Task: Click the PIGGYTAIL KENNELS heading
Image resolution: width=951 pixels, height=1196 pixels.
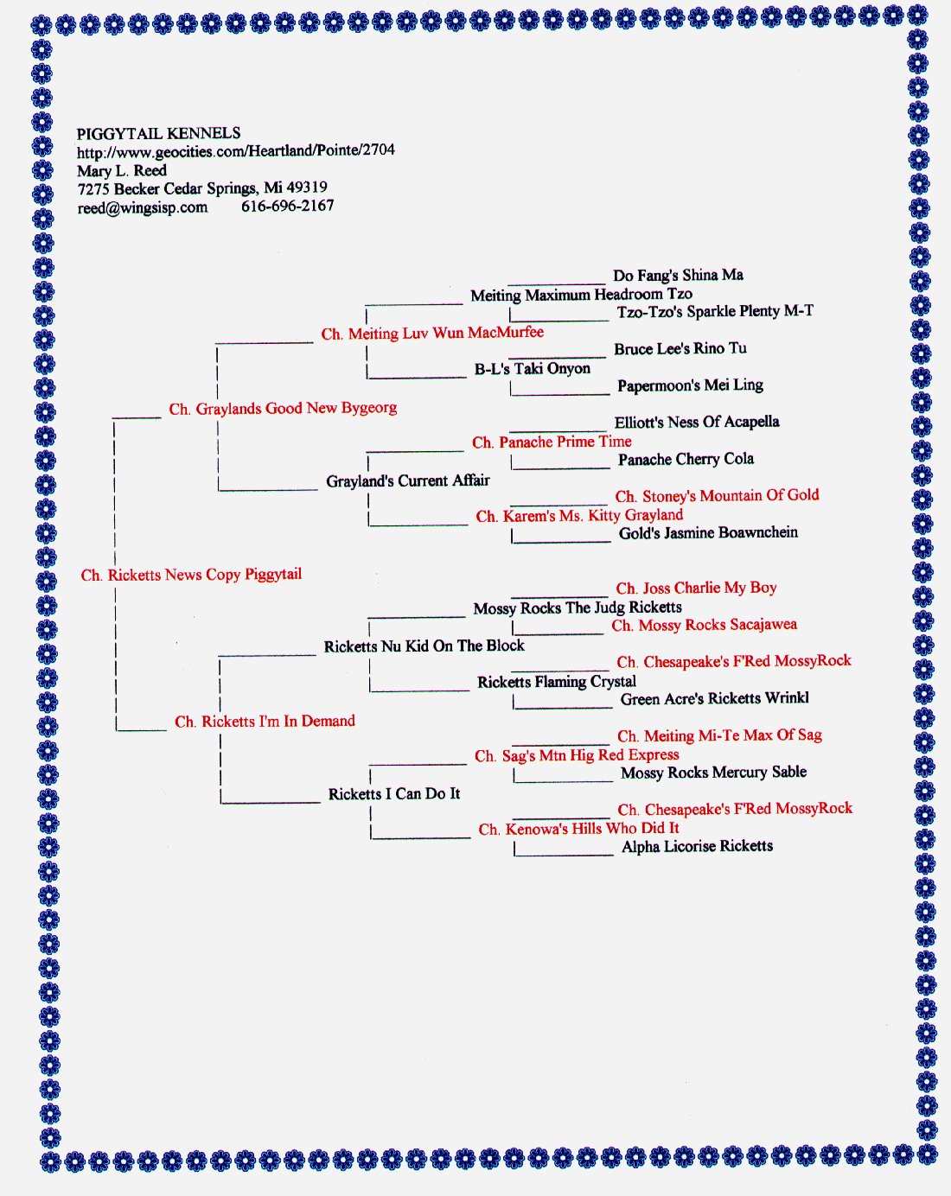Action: (158, 133)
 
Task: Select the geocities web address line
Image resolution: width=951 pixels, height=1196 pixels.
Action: (236, 151)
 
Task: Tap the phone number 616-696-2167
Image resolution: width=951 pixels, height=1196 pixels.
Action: (288, 207)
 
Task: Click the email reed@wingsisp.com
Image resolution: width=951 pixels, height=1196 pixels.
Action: (143, 208)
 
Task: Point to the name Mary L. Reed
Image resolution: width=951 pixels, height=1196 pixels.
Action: (122, 170)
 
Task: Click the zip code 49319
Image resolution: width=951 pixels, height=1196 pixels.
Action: (307, 188)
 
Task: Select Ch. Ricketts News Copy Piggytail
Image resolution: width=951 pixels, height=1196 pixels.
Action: (191, 575)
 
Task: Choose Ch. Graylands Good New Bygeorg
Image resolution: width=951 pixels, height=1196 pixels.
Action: (283, 409)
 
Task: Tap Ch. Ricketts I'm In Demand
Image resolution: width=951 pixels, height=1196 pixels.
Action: (265, 722)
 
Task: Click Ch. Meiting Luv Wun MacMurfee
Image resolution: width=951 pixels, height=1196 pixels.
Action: (432, 334)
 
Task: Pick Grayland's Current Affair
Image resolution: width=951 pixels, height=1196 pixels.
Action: (408, 480)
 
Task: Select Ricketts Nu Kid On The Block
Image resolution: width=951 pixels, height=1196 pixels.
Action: (424, 646)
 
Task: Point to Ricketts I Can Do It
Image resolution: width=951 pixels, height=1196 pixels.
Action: (394, 793)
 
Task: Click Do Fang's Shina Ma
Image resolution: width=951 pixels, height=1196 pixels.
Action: (678, 276)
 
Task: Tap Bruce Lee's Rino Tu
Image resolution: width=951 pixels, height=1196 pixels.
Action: (680, 349)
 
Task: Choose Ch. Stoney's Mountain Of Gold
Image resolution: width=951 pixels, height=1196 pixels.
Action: (717, 496)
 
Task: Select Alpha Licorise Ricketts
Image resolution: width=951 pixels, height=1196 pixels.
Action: (698, 846)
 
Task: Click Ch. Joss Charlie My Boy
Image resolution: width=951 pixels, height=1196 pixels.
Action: (696, 588)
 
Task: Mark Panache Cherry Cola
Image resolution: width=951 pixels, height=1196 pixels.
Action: (686, 460)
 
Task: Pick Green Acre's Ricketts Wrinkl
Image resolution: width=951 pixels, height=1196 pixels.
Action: (715, 699)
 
